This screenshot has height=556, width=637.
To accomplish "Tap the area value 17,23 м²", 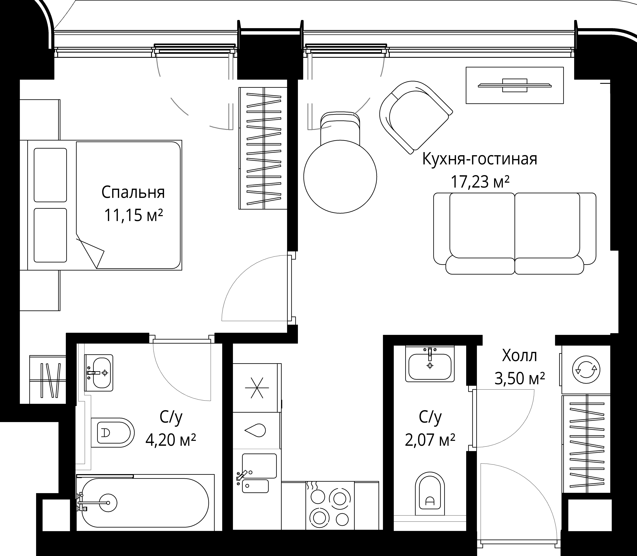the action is [480, 182].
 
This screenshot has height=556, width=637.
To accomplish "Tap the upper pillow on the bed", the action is [50, 175].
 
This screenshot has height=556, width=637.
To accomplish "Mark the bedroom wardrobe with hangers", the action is [263, 148].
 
